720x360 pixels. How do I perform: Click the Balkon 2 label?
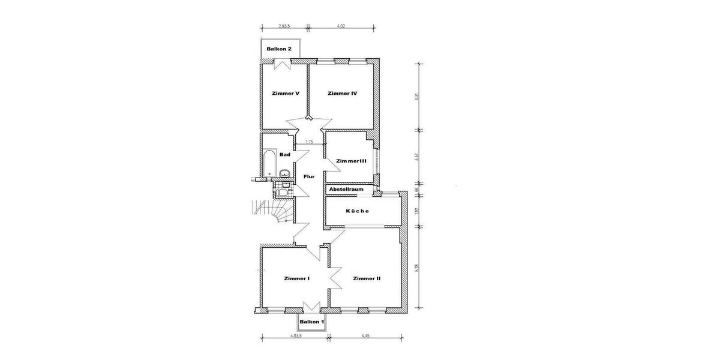[279, 49]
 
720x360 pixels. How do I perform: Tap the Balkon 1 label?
[311, 322]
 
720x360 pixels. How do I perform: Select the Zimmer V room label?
[285, 94]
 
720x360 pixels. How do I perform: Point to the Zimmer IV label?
[343, 94]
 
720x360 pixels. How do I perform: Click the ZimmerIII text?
[351, 161]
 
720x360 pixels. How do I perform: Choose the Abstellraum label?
[346, 189]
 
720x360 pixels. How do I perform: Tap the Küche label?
[358, 211]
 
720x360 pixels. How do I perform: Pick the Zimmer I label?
[296, 278]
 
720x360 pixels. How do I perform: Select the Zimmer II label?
[367, 278]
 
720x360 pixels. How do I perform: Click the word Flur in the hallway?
[309, 177]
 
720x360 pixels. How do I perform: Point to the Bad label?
[285, 155]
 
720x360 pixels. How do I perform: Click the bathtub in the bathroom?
[269, 164]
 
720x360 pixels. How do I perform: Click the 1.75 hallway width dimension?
[309, 142]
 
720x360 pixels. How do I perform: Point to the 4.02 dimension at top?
[341, 26]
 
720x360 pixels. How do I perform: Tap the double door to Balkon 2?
[280, 65]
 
